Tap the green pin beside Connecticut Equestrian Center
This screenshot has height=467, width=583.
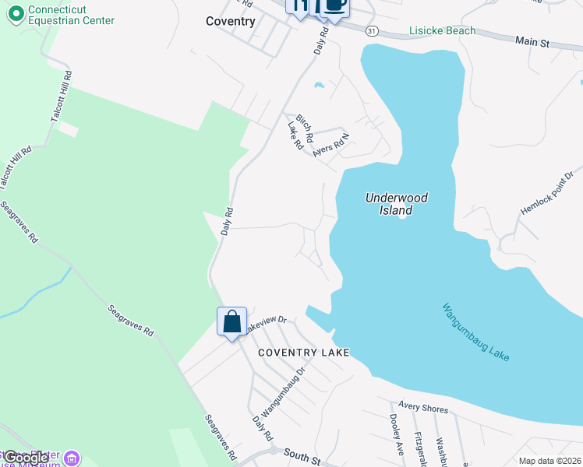pyautogui.click(x=16, y=14)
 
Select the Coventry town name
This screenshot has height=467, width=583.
pyautogui.click(x=231, y=21)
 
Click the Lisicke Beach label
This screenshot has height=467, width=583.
pyautogui.click(x=442, y=31)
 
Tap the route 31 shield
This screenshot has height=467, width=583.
pyautogui.click(x=372, y=30)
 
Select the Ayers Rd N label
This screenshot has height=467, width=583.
pyautogui.click(x=332, y=145)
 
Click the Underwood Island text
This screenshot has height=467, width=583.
pyautogui.click(x=397, y=204)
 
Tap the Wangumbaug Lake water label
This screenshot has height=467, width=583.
pyautogui.click(x=476, y=332)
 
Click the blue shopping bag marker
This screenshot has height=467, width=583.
pyautogui.click(x=231, y=322)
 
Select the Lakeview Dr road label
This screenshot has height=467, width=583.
pyautogui.click(x=267, y=324)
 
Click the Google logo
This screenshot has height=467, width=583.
pyautogui.click(x=25, y=458)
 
